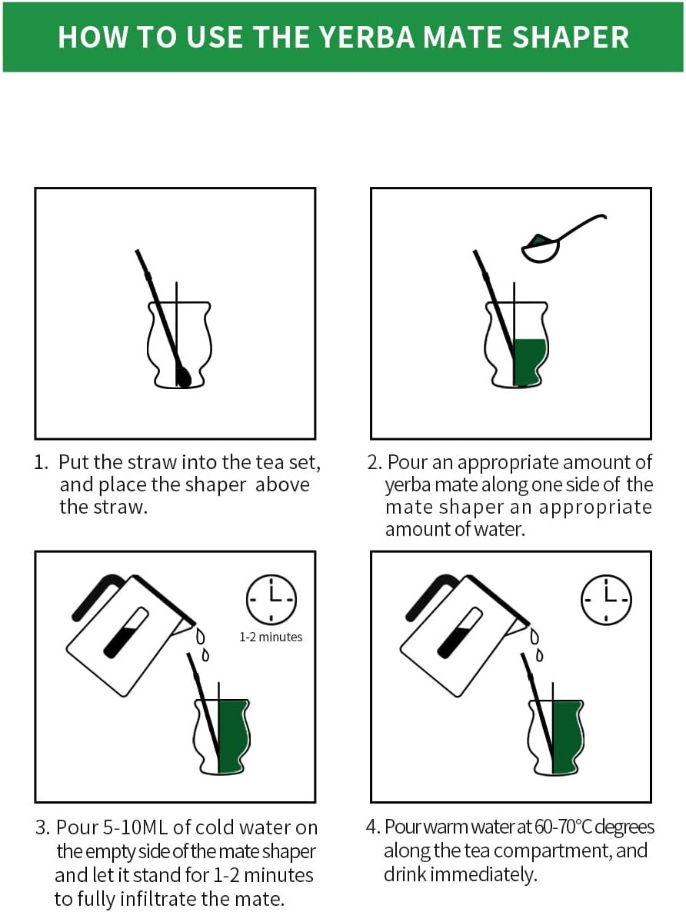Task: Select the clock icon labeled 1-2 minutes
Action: [x=271, y=599]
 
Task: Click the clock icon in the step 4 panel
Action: [x=606, y=599]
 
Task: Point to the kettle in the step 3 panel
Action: [x=131, y=634]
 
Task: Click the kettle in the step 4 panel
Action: [x=465, y=634]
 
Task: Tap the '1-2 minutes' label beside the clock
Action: [x=271, y=637]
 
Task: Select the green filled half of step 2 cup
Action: [x=529, y=362]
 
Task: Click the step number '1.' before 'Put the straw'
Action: [x=41, y=462]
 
